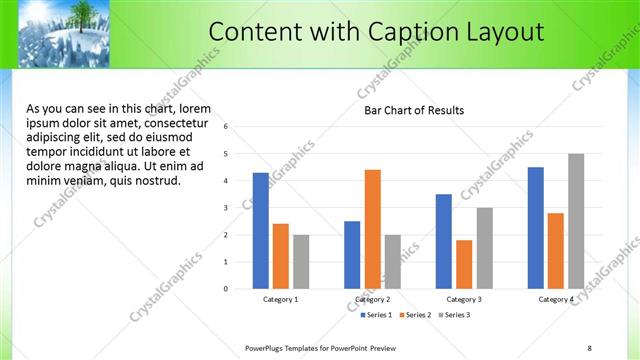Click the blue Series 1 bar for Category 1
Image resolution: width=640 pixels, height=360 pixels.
[260, 231]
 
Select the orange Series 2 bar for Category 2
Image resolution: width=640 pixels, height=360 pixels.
[372, 229]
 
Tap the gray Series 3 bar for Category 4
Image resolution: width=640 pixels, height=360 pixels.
[576, 221]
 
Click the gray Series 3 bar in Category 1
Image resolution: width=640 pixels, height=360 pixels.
[301, 261]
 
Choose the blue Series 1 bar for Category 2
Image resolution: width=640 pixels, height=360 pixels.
[352, 255]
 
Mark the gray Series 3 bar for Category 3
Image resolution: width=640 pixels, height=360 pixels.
[484, 248]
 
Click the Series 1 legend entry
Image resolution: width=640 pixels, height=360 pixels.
[376, 315]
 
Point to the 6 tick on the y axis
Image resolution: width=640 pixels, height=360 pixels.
[227, 127]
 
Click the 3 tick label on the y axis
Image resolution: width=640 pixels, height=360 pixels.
[227, 208]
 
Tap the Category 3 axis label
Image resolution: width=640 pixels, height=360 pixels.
[464, 299]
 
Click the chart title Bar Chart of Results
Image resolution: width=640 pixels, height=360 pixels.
[413, 110]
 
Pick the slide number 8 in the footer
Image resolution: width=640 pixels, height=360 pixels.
[589, 348]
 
